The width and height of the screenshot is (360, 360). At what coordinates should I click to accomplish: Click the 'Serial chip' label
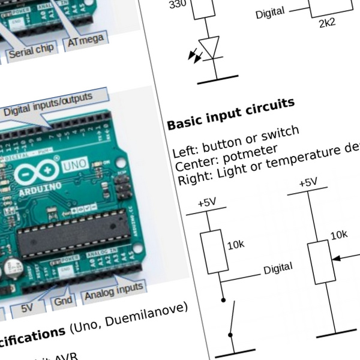[x=32, y=51]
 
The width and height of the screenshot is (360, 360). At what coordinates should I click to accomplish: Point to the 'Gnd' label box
[x=62, y=301]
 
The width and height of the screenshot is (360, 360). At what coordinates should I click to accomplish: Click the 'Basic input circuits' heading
[x=230, y=113]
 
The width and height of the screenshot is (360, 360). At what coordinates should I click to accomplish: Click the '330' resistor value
[x=178, y=5]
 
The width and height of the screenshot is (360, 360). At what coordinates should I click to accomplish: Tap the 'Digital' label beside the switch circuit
[x=278, y=268]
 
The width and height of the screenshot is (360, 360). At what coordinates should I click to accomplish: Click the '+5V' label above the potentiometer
[x=308, y=182]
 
